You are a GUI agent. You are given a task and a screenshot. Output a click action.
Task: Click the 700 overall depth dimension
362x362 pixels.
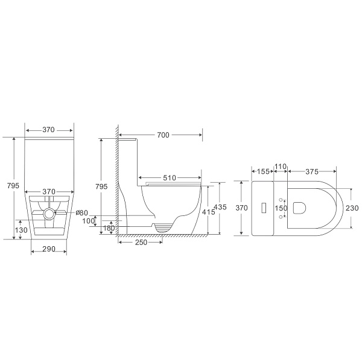[163, 135]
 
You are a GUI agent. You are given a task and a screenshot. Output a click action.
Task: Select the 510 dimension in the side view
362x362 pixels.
[170, 178]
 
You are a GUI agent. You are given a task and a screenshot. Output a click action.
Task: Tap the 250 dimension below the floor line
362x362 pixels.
[141, 242]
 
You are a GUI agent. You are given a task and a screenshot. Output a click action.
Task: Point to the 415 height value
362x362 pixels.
[208, 212]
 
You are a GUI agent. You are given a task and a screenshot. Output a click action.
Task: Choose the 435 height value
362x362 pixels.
[220, 207]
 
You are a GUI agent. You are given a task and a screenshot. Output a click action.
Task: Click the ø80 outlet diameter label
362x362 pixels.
[81, 212]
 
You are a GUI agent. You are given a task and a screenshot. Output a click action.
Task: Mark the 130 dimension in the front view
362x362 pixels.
[21, 230]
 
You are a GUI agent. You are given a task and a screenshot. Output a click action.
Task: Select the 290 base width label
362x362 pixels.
[49, 249]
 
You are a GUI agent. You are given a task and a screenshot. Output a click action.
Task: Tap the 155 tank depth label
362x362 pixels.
[263, 171]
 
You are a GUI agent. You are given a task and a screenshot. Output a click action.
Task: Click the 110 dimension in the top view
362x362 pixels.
[281, 167]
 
